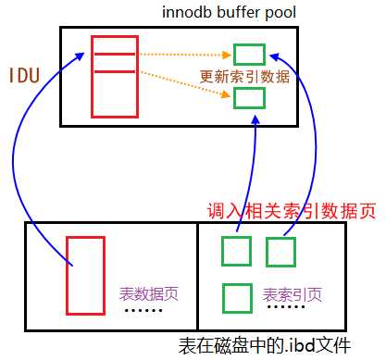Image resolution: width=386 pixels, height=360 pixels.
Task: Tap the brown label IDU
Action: tap(26, 75)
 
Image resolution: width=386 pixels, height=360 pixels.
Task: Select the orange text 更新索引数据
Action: tap(245, 76)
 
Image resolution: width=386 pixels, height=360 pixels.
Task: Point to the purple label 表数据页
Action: tap(148, 294)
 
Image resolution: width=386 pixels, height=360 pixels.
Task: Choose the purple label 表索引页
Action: tap(293, 295)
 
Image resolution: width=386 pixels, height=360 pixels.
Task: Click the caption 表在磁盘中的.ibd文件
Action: tap(268, 346)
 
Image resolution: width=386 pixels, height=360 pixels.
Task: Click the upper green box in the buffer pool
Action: tap(249, 54)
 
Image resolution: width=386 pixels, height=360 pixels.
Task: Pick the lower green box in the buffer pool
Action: tap(249, 97)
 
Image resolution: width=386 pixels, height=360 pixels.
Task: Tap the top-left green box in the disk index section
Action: tap(236, 251)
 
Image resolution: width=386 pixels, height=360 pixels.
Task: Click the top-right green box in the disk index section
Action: tap(280, 251)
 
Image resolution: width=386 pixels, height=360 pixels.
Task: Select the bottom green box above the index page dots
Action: tap(236, 297)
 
